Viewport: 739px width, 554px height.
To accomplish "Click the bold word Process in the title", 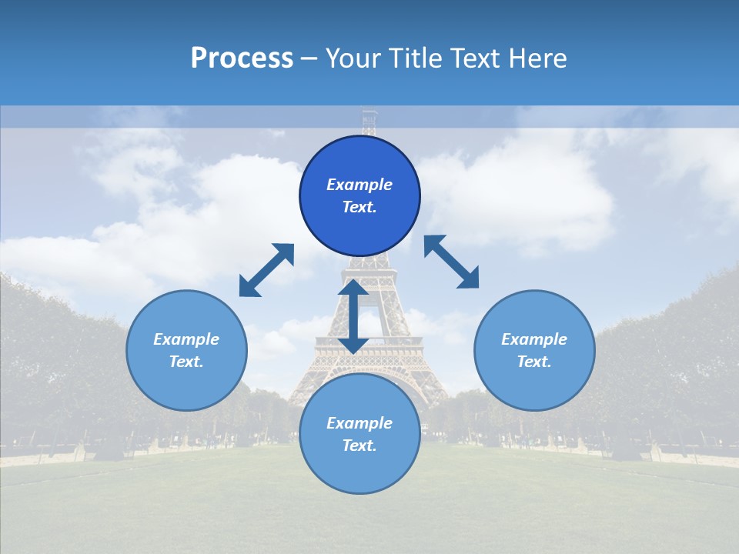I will [242, 58].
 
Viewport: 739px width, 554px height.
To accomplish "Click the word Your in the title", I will [353, 58].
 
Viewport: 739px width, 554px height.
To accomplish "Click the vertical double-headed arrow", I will [353, 317].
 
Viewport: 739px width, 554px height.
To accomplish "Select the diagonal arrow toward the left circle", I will [266, 270].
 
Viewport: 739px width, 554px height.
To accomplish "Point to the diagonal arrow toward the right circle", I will [451, 262].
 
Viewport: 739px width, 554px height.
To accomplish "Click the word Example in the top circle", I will [359, 185].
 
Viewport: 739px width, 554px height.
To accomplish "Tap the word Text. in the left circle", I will [186, 362].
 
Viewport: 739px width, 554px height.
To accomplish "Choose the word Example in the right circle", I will [534, 339].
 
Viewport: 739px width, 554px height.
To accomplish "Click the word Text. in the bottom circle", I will [359, 446].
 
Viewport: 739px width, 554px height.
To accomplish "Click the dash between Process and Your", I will [309, 59].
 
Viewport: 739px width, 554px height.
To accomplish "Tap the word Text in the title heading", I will [477, 58].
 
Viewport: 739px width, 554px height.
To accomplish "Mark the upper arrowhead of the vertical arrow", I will [353, 289].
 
